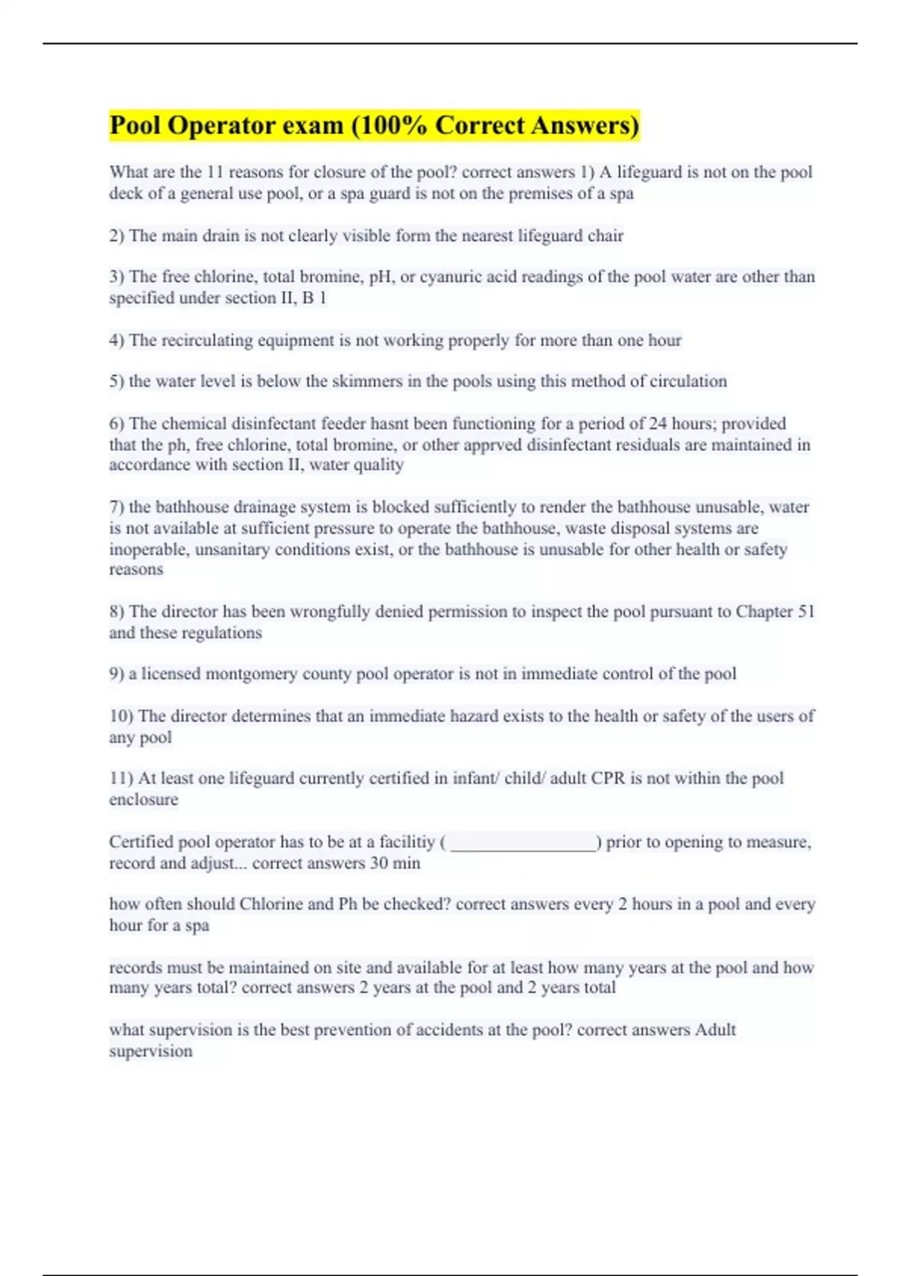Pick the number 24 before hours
658,423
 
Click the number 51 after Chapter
806,612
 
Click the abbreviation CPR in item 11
607,778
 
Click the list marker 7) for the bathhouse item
116,507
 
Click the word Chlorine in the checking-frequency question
269,904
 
